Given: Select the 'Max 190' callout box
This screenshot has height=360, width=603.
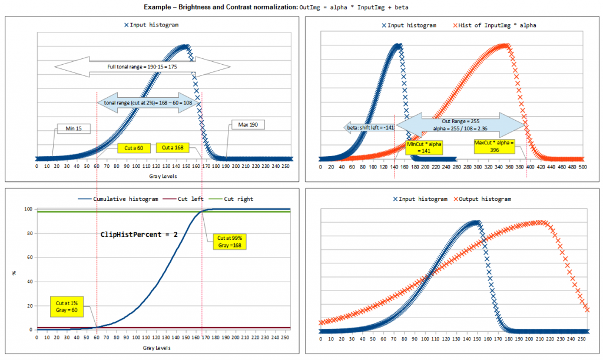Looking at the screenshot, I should (248, 125).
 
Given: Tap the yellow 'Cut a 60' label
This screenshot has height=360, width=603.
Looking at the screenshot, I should (134, 148).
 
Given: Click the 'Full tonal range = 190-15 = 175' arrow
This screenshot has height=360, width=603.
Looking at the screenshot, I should (142, 67).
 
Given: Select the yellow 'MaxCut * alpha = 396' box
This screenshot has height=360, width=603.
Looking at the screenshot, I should (494, 146).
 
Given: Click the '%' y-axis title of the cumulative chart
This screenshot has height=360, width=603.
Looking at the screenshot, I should (14, 272).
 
